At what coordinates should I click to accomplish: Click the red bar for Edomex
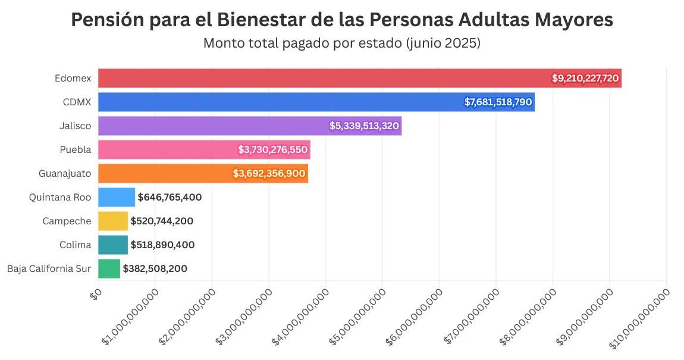pyautogui.click(x=321, y=78)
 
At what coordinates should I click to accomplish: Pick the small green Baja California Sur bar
pyautogui.click(x=109, y=268)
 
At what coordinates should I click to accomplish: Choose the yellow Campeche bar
pyautogui.click(x=112, y=221)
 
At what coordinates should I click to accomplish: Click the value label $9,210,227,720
pyautogui.click(x=585, y=78)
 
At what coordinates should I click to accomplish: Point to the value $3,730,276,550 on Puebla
pyautogui.click(x=272, y=149)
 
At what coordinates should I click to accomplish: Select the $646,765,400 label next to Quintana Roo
pyautogui.click(x=170, y=197)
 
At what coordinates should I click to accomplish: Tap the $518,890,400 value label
pyautogui.click(x=162, y=245)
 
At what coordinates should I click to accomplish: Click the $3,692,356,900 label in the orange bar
pyautogui.click(x=269, y=173)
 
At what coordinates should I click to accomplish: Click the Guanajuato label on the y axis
pyautogui.click(x=65, y=173)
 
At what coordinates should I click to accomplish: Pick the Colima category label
pyautogui.click(x=76, y=245)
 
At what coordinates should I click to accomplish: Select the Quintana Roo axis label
pyautogui.click(x=60, y=197)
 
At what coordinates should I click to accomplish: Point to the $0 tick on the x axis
pyautogui.click(x=95, y=293)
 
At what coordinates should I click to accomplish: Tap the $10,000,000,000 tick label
pyautogui.click(x=640, y=318)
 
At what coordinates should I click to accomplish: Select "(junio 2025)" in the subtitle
pyautogui.click(x=443, y=43)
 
